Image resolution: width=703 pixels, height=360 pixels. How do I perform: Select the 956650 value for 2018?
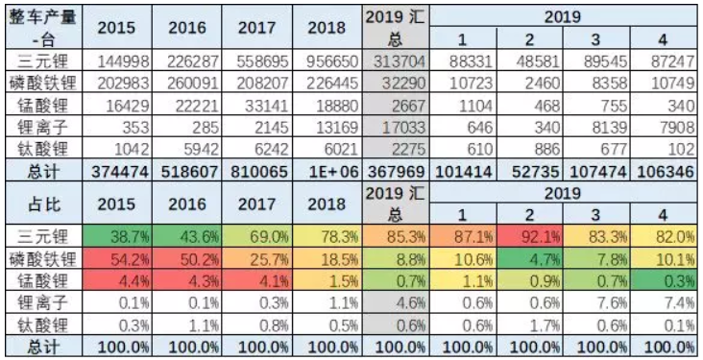(326, 60)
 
